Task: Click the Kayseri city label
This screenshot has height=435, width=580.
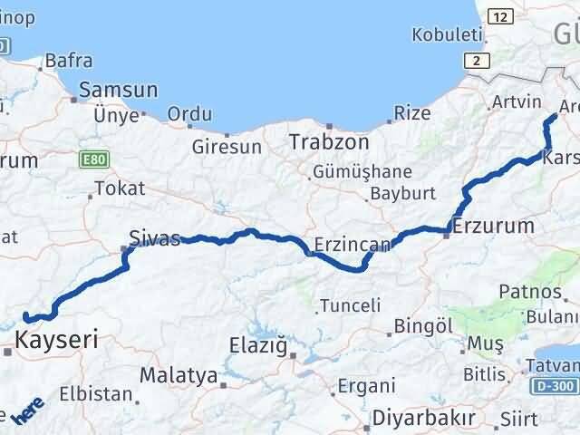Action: [x=55, y=341]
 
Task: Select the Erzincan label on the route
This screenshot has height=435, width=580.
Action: [x=353, y=244]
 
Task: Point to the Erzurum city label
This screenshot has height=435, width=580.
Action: [x=494, y=225]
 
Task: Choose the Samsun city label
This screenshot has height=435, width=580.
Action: [x=119, y=91]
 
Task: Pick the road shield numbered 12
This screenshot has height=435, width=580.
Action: [x=499, y=16]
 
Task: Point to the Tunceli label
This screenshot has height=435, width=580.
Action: [x=352, y=305]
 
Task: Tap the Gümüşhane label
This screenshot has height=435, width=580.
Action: [x=362, y=171]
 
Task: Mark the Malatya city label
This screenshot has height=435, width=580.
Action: [x=179, y=375]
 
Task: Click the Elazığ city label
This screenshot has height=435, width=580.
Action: [x=257, y=344]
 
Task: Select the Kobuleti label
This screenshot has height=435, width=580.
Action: [x=447, y=34]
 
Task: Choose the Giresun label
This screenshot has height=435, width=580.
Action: [x=227, y=146]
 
